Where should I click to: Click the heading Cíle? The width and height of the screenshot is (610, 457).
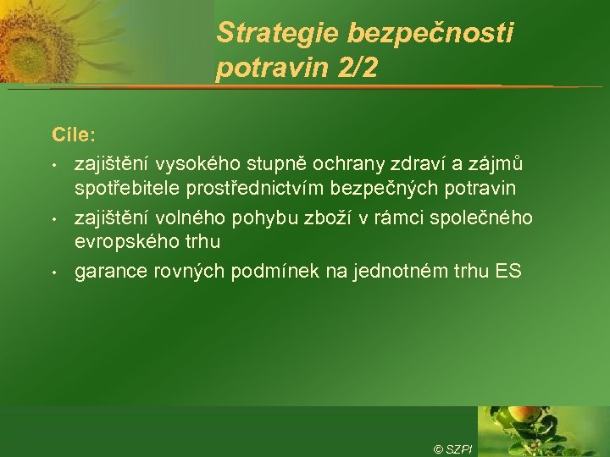click(74, 135)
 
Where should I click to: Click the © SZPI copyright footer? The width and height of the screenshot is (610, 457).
click(452, 449)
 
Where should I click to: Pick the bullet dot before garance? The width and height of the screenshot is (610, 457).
click(53, 273)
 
